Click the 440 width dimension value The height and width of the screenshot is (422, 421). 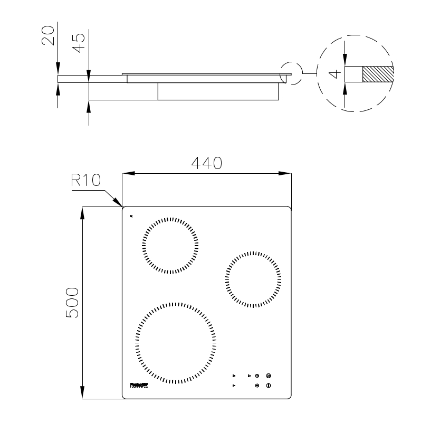click(206, 163)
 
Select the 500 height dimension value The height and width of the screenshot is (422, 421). click(72, 303)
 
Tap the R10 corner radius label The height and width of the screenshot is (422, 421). click(85, 181)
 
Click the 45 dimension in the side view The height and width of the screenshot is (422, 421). click(79, 42)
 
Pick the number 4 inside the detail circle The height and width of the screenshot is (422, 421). click(332, 74)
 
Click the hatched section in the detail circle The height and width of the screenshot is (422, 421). click(378, 74)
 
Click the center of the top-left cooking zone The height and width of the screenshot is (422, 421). click(170, 246)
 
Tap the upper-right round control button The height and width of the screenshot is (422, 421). click(269, 376)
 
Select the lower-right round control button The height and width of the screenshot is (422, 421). click(269, 386)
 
